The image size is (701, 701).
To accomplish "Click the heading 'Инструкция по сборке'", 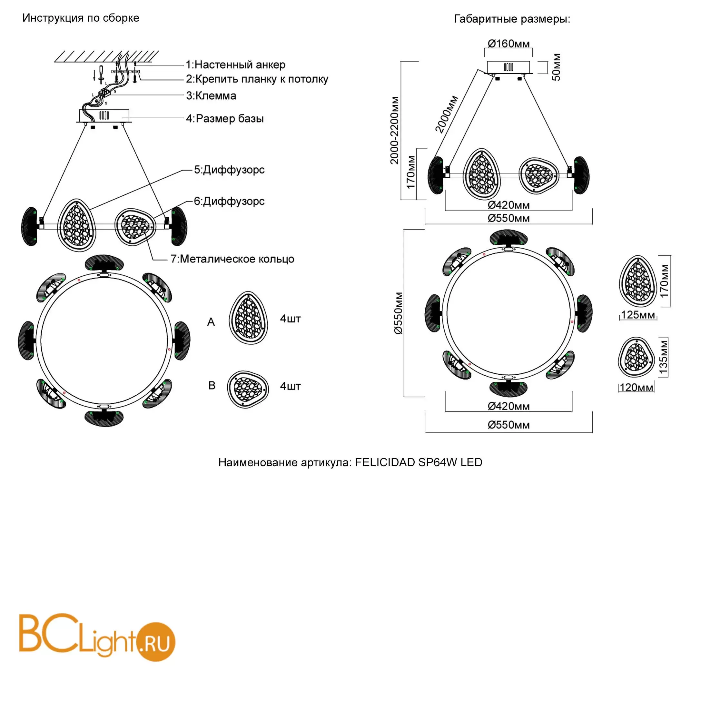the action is (81, 18).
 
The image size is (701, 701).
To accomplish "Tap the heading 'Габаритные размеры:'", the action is (512, 19).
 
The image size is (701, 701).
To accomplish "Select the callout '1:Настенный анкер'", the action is (235, 64).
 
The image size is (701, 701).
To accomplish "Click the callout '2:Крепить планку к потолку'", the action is (257, 79).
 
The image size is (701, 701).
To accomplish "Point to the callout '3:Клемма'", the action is (211, 96).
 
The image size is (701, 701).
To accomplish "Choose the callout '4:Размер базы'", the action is (225, 119).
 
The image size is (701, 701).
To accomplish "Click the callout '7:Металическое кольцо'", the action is (232, 259).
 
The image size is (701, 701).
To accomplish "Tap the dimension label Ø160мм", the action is (508, 44).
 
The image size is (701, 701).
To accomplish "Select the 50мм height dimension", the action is (556, 67).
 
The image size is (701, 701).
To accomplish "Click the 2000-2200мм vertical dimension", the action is (394, 130).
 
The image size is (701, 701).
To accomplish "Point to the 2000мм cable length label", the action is (447, 114).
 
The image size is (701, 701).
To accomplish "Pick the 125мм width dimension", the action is (638, 315).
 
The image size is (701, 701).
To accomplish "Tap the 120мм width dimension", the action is (637, 388).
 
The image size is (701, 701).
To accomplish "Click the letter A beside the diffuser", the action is (211, 322).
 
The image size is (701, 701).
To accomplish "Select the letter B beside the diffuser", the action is (212, 385).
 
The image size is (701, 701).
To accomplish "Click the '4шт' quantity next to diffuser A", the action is (290, 319).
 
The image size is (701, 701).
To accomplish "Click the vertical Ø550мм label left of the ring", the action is (399, 313).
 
